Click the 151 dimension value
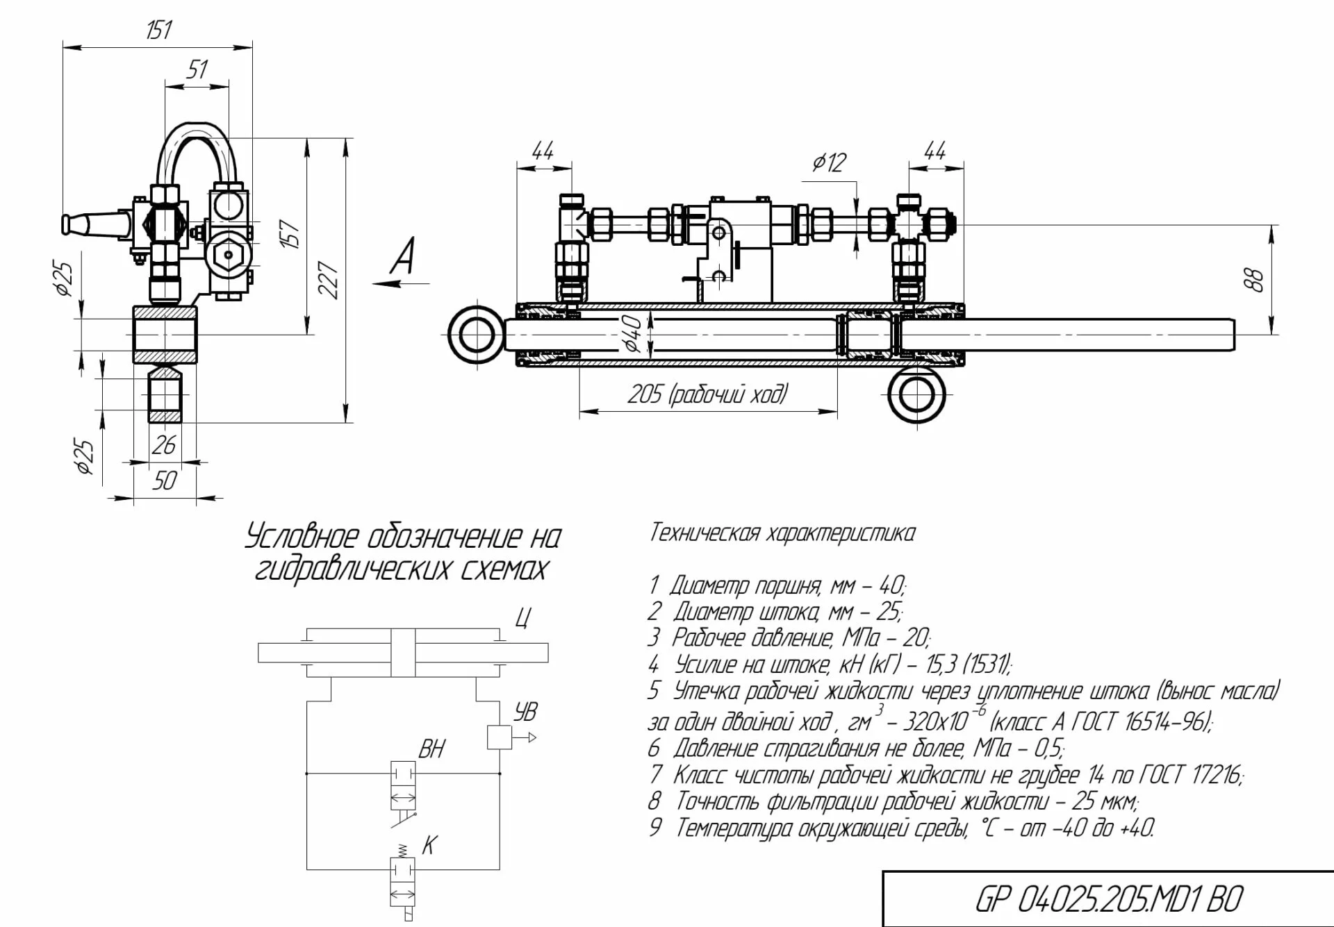coord(158,30)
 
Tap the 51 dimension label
coord(197,69)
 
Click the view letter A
coord(403,256)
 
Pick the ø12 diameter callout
coord(830,162)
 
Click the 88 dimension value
coord(1255,280)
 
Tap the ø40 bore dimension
coord(632,333)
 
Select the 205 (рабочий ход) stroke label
coord(708,394)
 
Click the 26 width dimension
coord(164,445)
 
